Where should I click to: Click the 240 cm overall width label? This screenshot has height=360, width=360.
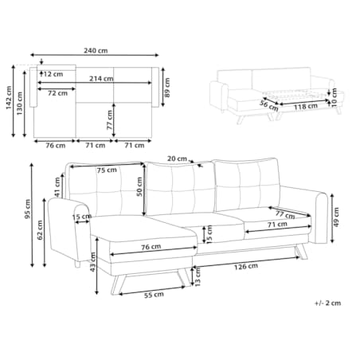96,50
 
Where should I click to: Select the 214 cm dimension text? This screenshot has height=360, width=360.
101,79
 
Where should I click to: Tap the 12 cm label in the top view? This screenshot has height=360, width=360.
53,74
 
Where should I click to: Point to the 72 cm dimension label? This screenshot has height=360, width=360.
57,93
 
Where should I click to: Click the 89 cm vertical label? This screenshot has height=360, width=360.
167,88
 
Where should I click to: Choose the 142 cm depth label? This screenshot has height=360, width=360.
9,97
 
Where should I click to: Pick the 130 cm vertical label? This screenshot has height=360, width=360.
20,104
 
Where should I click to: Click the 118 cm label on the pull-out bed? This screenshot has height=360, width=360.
306,107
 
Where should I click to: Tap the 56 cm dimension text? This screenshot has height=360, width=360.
269,106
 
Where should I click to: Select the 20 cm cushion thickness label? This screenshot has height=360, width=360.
177,158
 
